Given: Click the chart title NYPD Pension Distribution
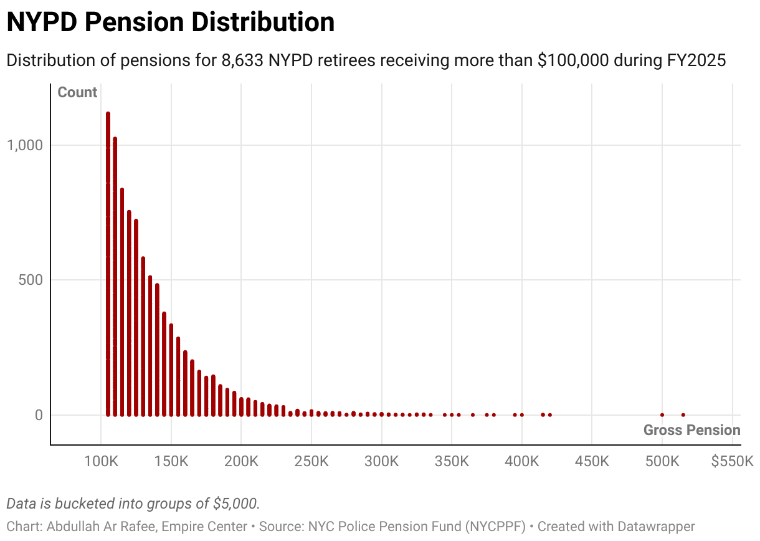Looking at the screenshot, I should point(170,23).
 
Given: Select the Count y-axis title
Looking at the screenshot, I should point(77,93).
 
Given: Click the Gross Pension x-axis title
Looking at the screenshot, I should point(691,430).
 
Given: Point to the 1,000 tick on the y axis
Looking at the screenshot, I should point(24,145).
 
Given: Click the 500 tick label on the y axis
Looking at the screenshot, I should point(29,280).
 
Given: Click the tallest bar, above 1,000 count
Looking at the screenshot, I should point(108,262).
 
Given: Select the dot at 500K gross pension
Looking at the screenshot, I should point(662,414).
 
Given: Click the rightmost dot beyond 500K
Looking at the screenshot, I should point(683,414).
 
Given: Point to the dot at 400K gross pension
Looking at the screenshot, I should point(522,414).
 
